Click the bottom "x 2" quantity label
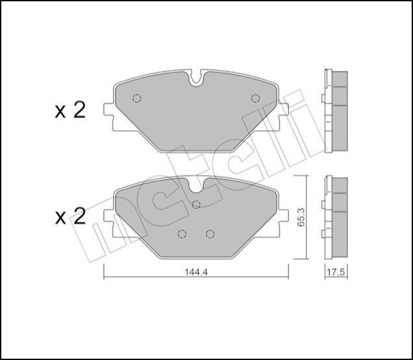pyautogui.click(x=70, y=217)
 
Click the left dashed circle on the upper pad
pyautogui.click(x=137, y=99)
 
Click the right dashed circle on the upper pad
pyautogui.click(x=254, y=99)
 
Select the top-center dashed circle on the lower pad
pyautogui.click(x=196, y=204)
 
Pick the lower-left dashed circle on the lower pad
pyautogui.click(x=182, y=234)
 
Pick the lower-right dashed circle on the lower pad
pyautogui.click(x=210, y=234)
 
